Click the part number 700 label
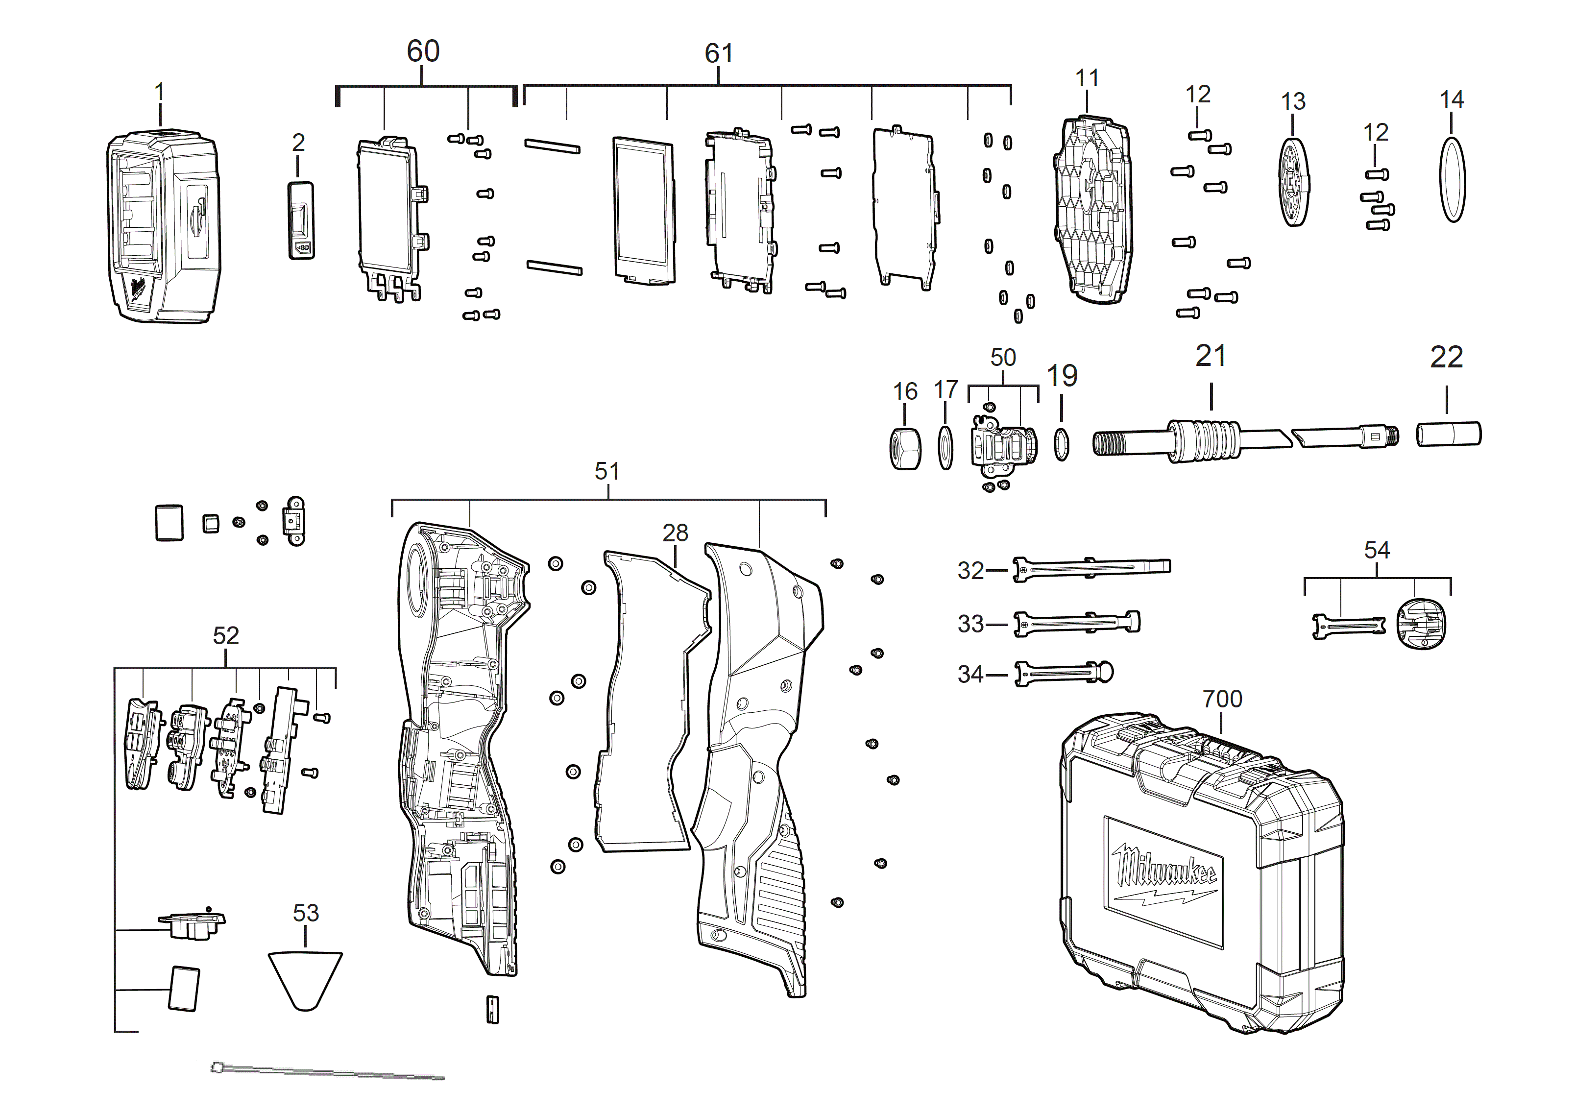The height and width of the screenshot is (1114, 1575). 1222,699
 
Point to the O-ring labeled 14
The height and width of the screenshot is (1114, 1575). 1452,180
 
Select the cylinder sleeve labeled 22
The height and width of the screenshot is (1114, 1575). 1448,434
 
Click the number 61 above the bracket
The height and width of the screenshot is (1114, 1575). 718,53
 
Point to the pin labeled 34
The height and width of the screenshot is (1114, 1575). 1063,673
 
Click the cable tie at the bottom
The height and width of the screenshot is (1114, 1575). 328,1072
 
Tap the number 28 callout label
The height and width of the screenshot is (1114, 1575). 675,533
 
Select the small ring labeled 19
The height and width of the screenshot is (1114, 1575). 1061,444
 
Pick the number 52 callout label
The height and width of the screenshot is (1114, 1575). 226,636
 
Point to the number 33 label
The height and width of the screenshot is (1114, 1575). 970,624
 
